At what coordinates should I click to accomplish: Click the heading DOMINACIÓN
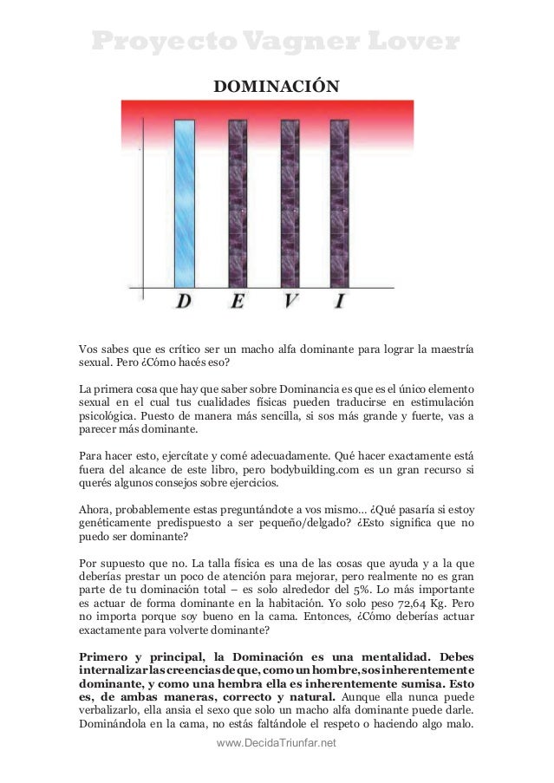click(277, 87)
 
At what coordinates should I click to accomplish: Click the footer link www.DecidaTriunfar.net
click(277, 744)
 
